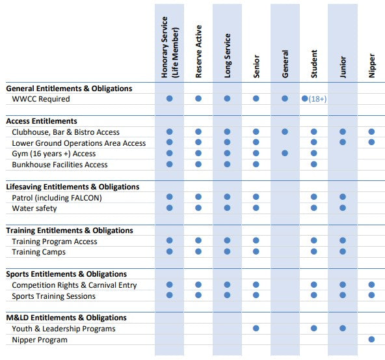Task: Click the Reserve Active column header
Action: (x=198, y=51)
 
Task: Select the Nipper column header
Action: (x=372, y=65)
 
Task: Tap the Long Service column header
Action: (x=228, y=56)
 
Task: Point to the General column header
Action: (x=285, y=64)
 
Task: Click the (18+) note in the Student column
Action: (x=317, y=99)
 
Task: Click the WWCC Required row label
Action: (x=41, y=99)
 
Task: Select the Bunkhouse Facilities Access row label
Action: (x=60, y=165)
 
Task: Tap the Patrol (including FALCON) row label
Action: (x=57, y=198)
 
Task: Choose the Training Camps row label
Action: (x=39, y=252)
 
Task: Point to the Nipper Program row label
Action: (x=40, y=340)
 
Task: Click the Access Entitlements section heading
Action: (x=42, y=121)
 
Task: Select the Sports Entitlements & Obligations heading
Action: (x=66, y=274)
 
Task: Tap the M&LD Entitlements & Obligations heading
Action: (x=66, y=318)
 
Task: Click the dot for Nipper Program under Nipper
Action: (x=371, y=339)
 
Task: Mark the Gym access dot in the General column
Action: (x=285, y=154)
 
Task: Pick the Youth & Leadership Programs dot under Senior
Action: (x=256, y=328)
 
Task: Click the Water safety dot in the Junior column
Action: (x=343, y=208)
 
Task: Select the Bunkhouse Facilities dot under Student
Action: (x=314, y=164)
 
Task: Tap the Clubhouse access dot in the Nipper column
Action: (x=371, y=132)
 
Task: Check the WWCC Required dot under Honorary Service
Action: (x=170, y=98)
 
